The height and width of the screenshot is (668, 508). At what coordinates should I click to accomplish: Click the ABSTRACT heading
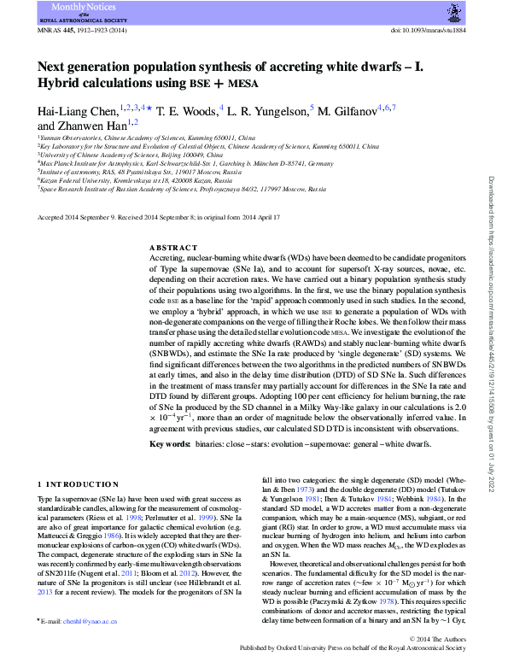click(x=173, y=246)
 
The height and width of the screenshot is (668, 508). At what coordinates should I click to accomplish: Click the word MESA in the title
click(x=245, y=84)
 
